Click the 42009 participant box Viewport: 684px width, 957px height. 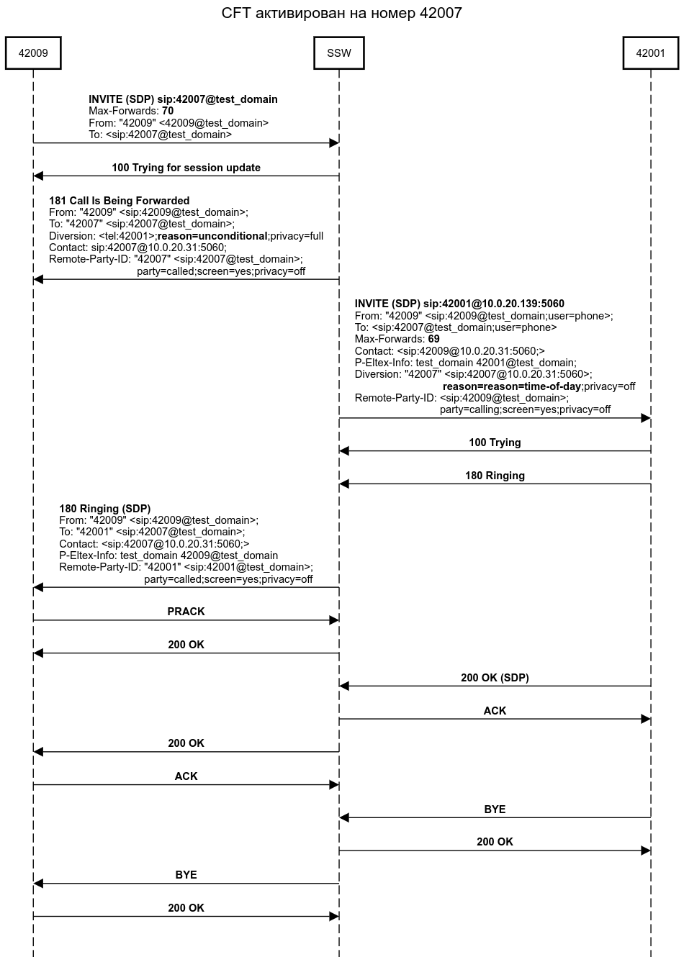click(x=33, y=53)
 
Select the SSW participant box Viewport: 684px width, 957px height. click(x=339, y=53)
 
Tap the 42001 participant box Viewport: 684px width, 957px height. click(x=651, y=53)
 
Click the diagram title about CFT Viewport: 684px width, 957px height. click(x=341, y=13)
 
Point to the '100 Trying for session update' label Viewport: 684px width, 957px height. click(x=186, y=168)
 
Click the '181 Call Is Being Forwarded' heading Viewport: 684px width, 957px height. click(x=119, y=201)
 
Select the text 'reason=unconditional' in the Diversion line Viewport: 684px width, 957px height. click(x=212, y=236)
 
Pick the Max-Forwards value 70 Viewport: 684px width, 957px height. click(x=168, y=112)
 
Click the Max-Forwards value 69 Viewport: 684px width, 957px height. click(x=433, y=339)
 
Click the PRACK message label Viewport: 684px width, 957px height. click(x=186, y=612)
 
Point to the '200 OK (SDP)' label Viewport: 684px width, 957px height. click(x=495, y=678)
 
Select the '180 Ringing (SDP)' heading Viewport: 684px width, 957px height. click(x=105, y=509)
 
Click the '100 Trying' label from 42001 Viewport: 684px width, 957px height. click(x=495, y=443)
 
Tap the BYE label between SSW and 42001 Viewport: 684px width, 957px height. click(x=495, y=809)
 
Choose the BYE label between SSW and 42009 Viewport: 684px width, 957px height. click(x=186, y=875)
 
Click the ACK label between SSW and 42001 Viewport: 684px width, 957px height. click(x=495, y=711)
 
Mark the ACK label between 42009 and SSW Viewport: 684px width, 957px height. click(x=186, y=776)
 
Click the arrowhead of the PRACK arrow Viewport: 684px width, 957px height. click(x=334, y=620)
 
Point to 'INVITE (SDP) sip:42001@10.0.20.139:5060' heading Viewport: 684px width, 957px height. click(x=459, y=304)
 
